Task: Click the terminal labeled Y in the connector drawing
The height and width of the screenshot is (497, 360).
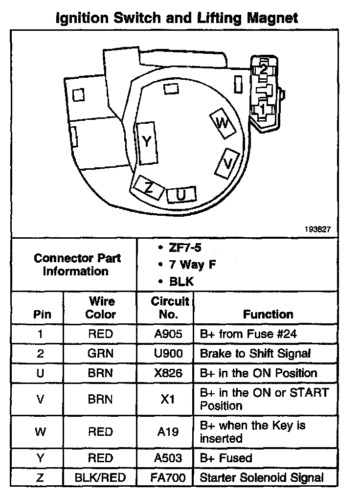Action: pos(147,142)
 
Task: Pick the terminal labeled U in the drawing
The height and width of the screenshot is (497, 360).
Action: pos(181,195)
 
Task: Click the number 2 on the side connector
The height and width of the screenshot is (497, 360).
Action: pos(263,69)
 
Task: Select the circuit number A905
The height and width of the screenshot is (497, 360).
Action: pos(168,334)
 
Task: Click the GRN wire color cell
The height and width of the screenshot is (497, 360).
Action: pos(100,353)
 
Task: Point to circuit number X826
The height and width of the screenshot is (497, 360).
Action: pos(168,373)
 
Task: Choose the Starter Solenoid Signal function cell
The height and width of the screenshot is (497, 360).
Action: pos(262,477)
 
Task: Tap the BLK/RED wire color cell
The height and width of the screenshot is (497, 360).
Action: pos(100,477)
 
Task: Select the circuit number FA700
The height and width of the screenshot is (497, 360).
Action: pos(168,477)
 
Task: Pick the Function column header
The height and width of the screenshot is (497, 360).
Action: pos(268,314)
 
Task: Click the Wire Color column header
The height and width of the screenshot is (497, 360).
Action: pos(101,308)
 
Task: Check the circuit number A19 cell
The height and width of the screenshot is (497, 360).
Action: pos(168,431)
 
